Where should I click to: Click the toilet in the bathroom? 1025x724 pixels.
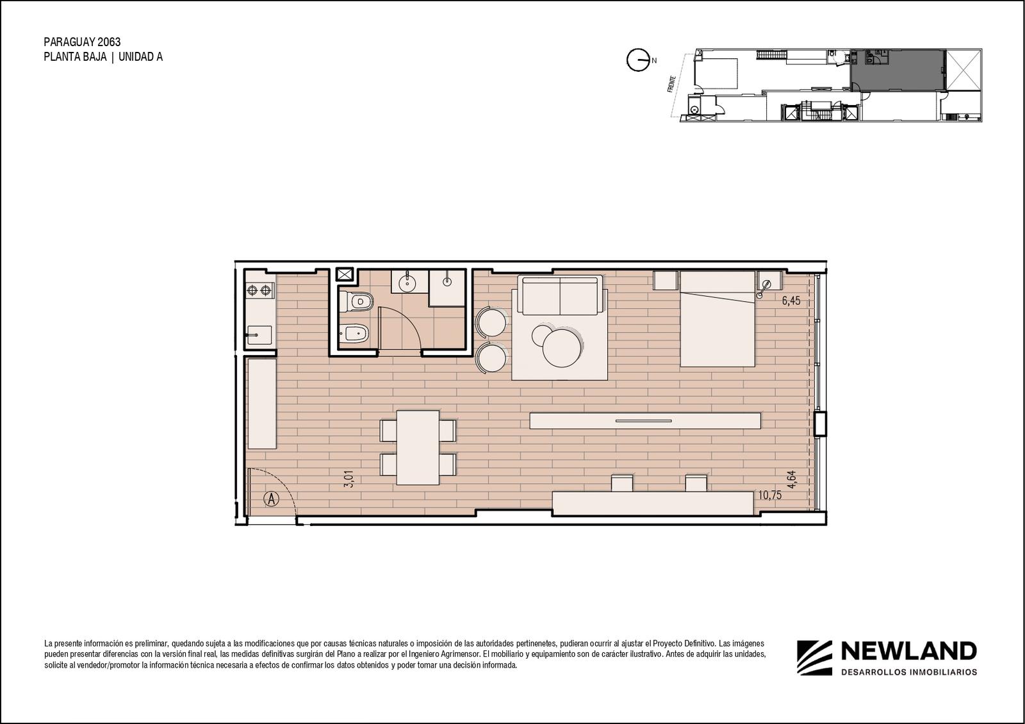356,302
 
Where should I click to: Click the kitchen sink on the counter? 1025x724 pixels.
259,336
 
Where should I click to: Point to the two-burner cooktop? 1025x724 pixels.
259,290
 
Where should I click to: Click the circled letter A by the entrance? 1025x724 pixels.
272,498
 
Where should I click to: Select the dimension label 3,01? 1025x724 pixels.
348,479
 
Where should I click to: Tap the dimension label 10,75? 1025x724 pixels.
769,495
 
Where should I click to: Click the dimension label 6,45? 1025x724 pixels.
791,300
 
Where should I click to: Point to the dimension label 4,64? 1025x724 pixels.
791,479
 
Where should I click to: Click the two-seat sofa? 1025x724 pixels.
560,295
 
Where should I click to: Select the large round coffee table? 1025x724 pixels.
562,348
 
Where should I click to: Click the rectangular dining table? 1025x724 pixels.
418,447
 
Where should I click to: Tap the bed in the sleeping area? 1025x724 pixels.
717,318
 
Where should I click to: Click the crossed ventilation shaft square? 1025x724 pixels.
345,274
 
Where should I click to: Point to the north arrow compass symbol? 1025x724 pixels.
638,60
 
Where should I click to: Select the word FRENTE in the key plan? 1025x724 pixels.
671,84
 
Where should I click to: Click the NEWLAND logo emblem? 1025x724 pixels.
814,657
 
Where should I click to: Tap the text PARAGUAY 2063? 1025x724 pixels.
83,42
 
